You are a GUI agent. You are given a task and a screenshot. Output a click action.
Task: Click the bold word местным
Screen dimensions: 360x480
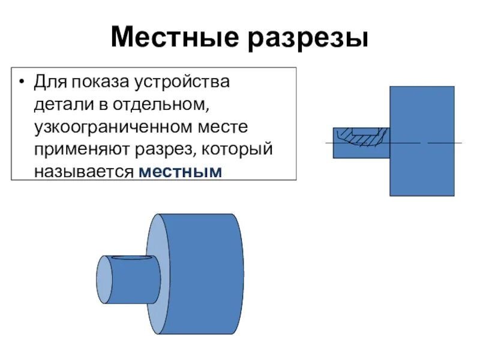[180, 172]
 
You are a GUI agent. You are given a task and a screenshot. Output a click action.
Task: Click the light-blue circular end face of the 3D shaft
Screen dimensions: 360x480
[104, 278]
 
